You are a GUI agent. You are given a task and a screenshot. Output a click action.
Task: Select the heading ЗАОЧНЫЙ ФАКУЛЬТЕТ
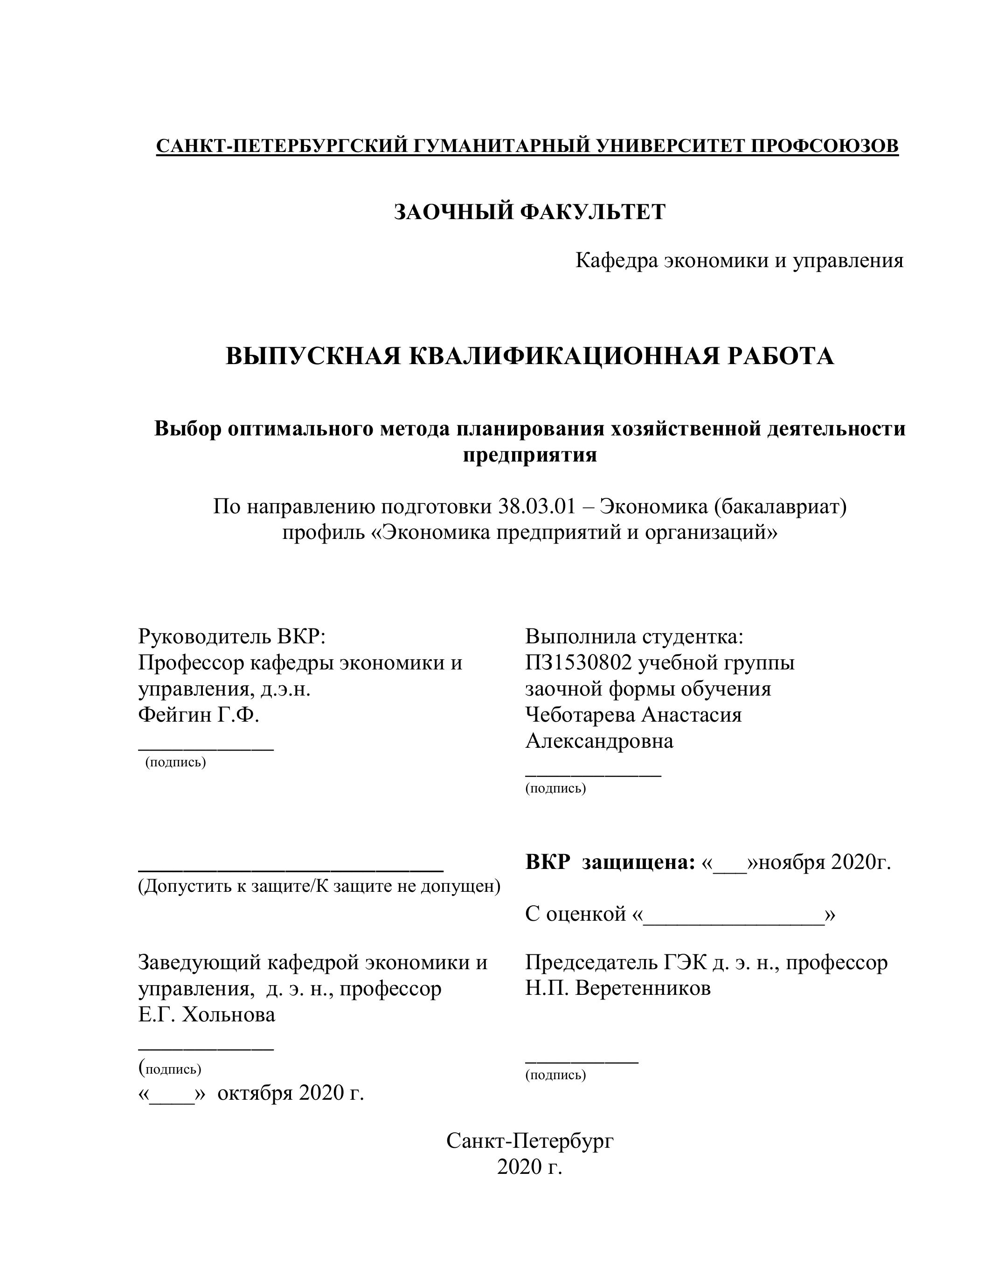pyautogui.click(x=530, y=212)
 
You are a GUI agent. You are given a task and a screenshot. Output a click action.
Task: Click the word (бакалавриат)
pyautogui.click(x=781, y=505)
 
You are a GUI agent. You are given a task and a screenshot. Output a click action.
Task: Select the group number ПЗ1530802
pyautogui.click(x=578, y=663)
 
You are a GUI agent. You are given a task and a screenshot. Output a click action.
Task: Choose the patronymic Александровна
pyautogui.click(x=599, y=741)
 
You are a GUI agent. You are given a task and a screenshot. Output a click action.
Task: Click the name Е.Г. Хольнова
pyautogui.click(x=207, y=1014)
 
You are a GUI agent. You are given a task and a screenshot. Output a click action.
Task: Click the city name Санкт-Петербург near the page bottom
pyautogui.click(x=530, y=1141)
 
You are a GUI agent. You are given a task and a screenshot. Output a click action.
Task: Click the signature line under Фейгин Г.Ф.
pyautogui.click(x=206, y=748)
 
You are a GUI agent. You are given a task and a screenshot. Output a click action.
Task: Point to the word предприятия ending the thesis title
pyautogui.click(x=530, y=455)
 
